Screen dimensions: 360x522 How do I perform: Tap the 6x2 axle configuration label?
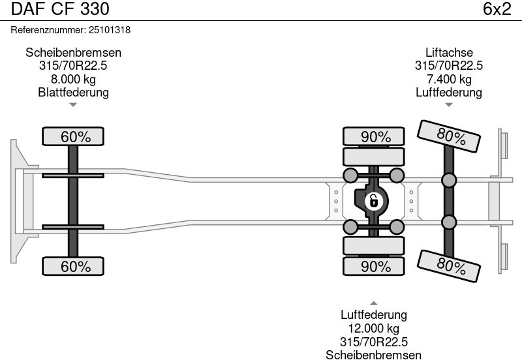[497, 9]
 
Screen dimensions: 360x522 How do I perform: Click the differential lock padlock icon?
[373, 200]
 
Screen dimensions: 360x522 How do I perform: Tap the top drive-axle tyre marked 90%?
[376, 137]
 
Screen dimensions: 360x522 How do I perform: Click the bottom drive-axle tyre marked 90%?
[376, 266]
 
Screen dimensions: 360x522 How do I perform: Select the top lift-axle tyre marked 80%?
[451, 137]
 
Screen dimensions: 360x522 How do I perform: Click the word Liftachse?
[449, 53]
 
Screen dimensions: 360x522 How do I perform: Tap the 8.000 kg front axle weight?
[74, 80]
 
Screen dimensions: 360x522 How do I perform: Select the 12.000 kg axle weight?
[373, 329]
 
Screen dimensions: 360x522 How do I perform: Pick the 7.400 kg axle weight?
[449, 80]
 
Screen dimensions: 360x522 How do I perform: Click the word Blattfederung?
[74, 93]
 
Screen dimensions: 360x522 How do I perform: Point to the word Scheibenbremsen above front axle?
[74, 53]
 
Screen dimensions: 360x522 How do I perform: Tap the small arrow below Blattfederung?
[74, 104]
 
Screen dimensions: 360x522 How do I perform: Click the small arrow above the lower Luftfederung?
[373, 303]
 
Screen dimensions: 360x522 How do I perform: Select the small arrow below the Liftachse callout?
[449, 104]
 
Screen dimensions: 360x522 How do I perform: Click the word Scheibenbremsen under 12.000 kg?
[373, 354]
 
